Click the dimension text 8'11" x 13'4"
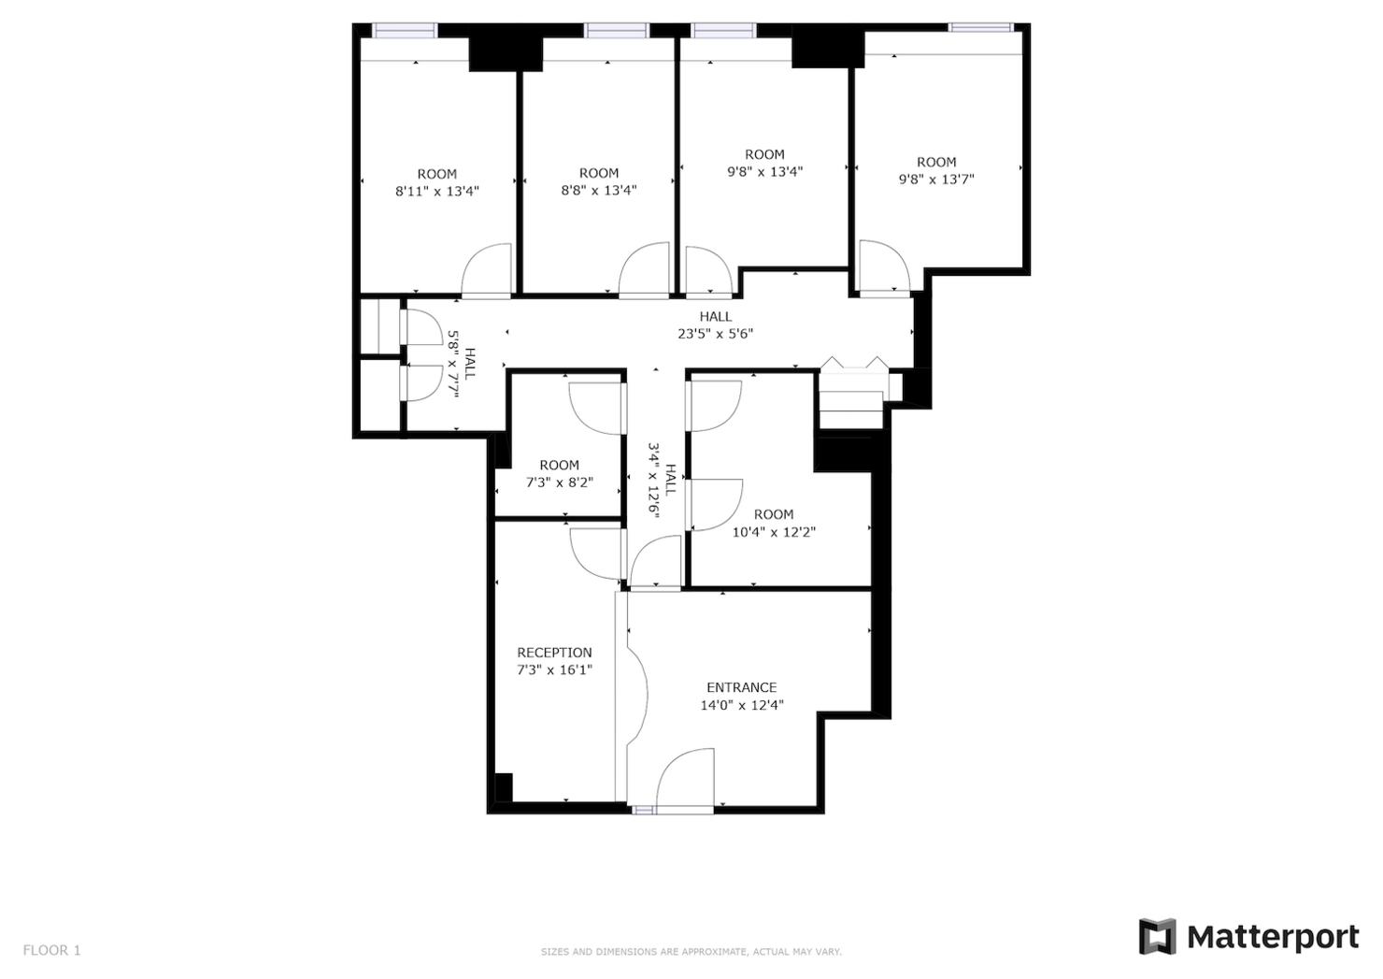436,192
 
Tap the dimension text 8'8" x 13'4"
598,191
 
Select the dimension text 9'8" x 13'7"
935,180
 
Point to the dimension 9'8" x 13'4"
764,172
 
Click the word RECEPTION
554,653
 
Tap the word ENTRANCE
741,687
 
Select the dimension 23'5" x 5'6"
715,334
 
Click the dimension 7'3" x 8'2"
559,482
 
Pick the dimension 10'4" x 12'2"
773,532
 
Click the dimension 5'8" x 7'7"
454,364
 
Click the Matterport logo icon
1156,937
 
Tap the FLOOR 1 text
52,950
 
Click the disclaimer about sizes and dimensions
691,952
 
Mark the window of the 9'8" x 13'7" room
980,28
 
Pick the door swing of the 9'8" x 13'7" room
883,267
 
